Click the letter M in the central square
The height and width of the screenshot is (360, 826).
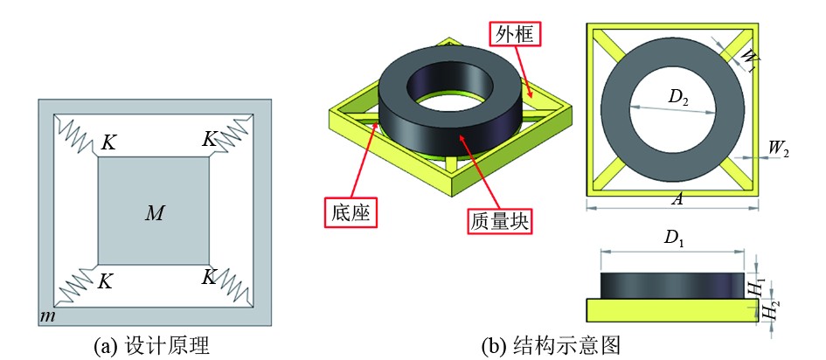click(x=154, y=212)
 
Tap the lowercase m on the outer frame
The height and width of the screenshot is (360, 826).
click(x=49, y=315)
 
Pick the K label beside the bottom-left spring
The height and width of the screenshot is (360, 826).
click(x=106, y=281)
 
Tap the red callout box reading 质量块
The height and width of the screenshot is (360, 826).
click(x=496, y=219)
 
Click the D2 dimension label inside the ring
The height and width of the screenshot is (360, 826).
click(x=678, y=99)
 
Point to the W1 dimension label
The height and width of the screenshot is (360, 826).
click(x=747, y=59)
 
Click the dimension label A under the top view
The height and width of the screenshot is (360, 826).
click(x=676, y=200)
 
